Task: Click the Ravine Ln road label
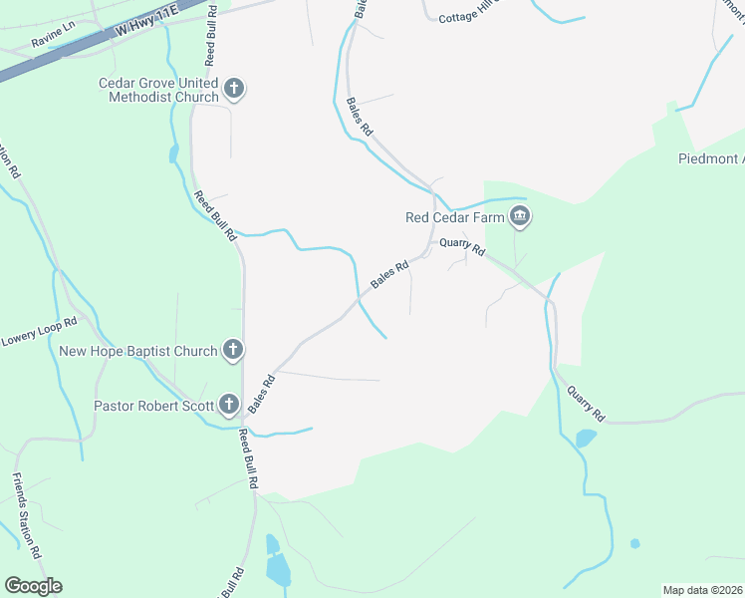(53, 37)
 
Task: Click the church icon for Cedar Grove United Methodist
(234, 89)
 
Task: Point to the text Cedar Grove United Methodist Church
(158, 90)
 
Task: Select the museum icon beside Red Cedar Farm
(519, 216)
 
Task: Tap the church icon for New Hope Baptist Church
(232, 350)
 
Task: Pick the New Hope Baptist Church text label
(138, 351)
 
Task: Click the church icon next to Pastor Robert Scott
(229, 405)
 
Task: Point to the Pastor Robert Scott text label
(153, 406)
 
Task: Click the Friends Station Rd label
(27, 514)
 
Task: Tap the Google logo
(33, 586)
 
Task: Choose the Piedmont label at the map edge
(711, 158)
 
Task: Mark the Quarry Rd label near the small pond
(586, 400)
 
